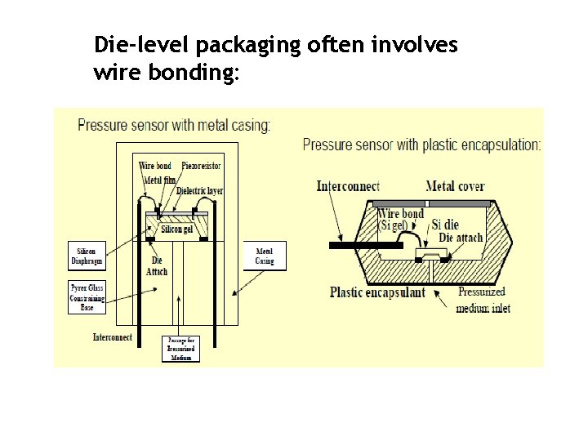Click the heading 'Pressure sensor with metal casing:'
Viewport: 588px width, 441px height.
coord(174,125)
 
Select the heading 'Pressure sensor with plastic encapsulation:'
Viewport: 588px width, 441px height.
coord(421,145)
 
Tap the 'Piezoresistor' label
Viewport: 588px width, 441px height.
coord(201,166)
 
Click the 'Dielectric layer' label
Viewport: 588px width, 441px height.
coord(199,191)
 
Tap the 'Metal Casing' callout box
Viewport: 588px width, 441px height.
coord(264,256)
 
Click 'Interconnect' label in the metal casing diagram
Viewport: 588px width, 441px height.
coord(112,337)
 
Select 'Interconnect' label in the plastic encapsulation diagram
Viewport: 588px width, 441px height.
coord(347,186)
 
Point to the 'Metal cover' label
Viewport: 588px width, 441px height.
coord(455,186)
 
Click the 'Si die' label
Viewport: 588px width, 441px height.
coord(447,225)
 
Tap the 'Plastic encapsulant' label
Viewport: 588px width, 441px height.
coord(377,292)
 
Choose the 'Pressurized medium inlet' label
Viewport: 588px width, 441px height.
coord(481,298)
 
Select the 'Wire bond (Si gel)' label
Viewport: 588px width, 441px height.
coord(401,220)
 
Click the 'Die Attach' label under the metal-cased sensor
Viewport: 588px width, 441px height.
coord(157,266)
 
